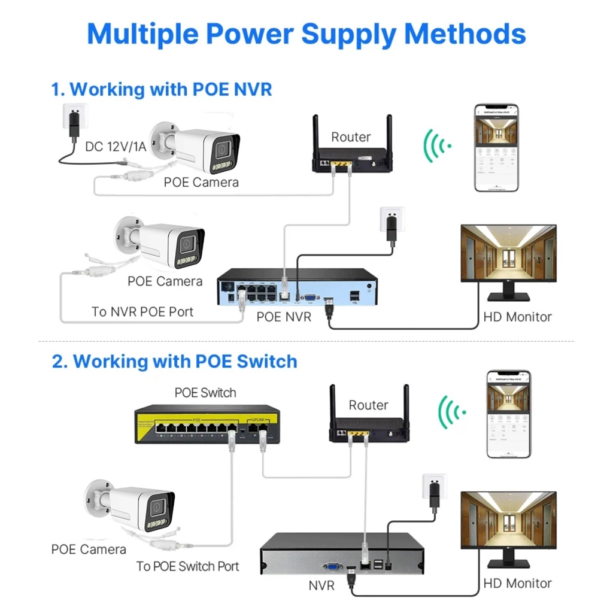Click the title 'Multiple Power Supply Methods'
coord(306,34)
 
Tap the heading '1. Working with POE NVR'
coord(162,89)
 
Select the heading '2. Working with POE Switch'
coord(174,361)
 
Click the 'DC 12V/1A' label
coord(114,146)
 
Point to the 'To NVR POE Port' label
coord(142,311)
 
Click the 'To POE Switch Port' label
coord(187,566)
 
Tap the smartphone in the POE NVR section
coord(496,148)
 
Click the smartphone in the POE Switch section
coord(508,414)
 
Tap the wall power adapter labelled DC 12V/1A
coord(74,120)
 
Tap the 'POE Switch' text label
coord(205,393)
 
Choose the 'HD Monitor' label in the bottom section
coord(517,583)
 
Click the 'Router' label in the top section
coord(351,137)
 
